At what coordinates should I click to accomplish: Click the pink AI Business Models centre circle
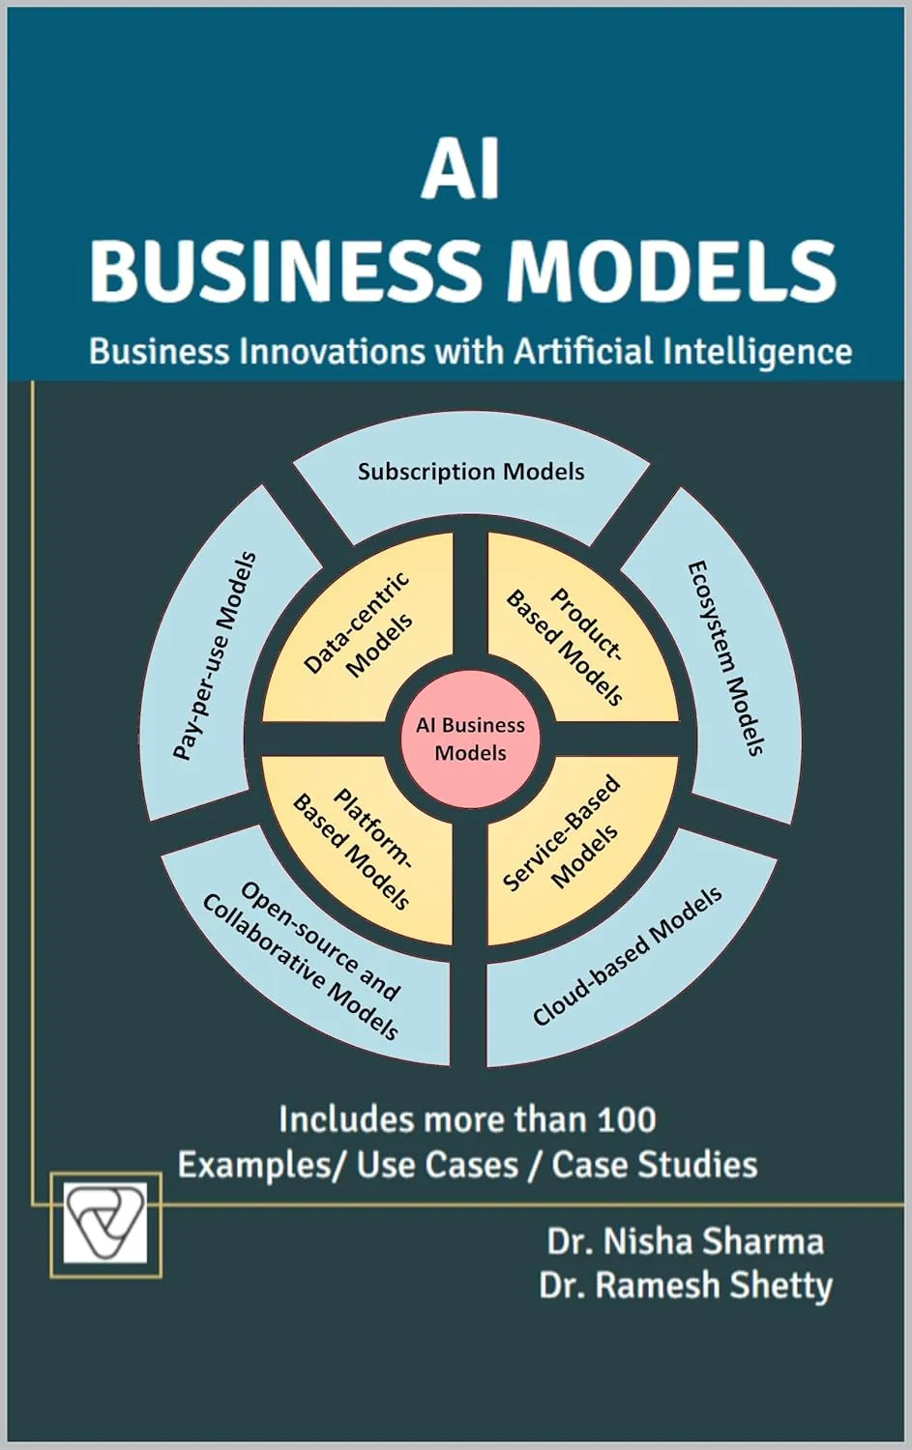click(x=471, y=739)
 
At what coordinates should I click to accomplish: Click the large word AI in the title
click(x=461, y=177)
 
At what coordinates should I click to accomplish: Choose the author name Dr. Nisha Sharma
click(x=686, y=1242)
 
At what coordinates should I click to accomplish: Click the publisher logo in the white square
click(x=104, y=1224)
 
